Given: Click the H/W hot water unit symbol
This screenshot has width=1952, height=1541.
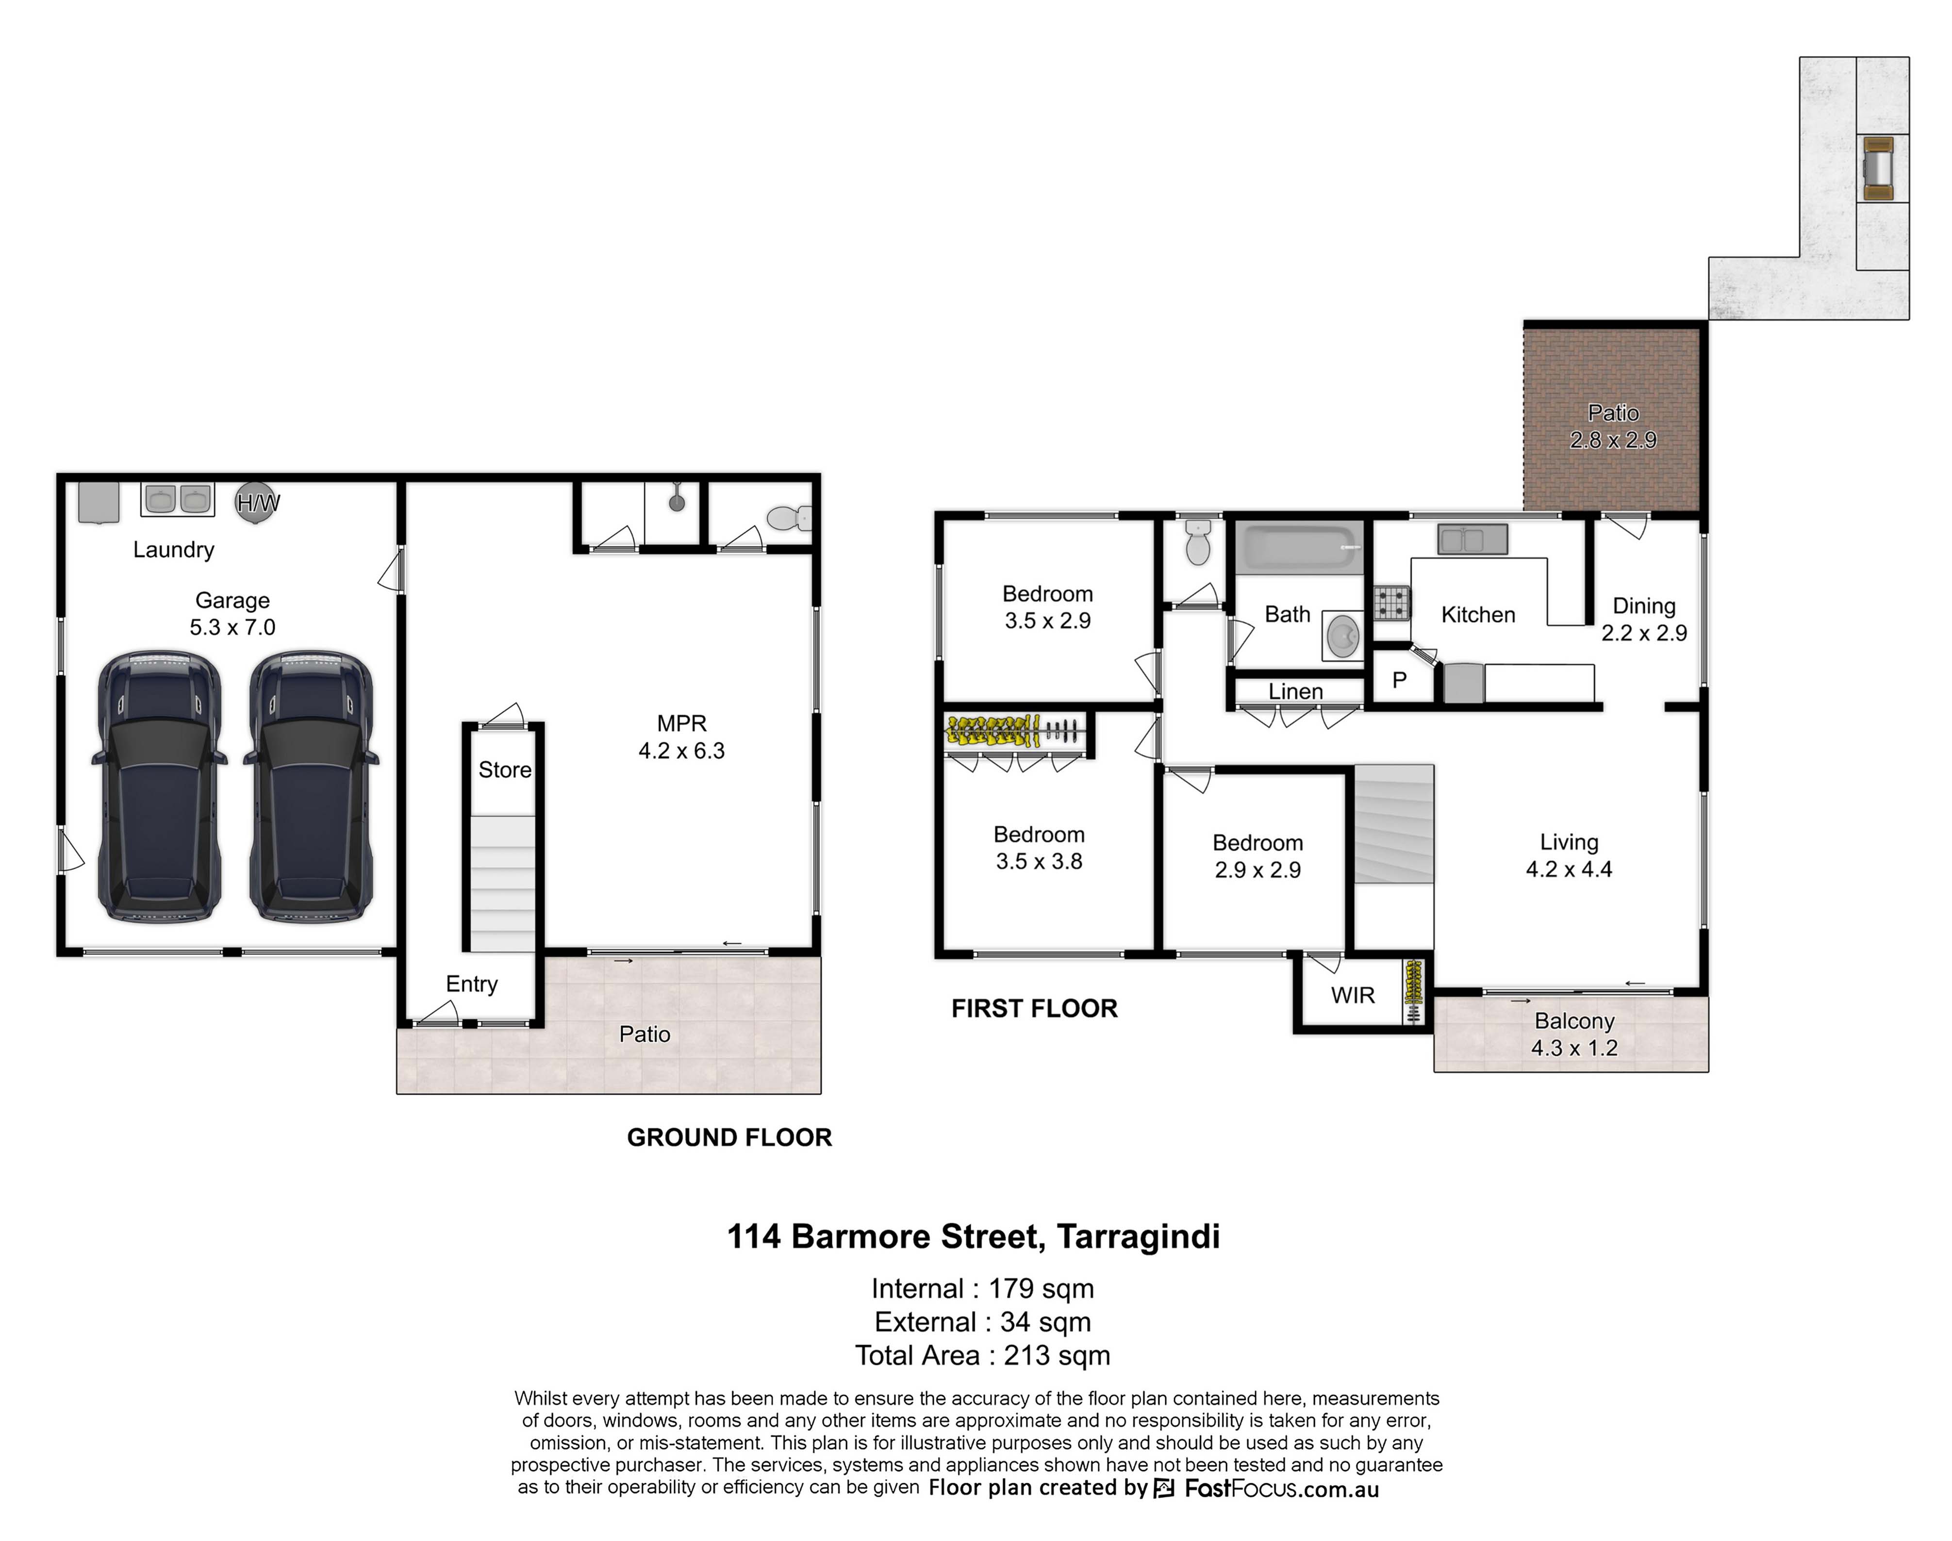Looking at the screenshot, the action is tap(257, 503).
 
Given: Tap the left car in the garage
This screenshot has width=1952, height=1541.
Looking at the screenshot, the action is tap(158, 786).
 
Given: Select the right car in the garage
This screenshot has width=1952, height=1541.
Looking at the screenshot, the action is tap(312, 786).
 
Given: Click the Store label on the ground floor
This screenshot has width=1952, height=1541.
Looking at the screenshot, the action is tap(504, 770).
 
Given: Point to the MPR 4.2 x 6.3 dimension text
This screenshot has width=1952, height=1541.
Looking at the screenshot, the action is tap(681, 751).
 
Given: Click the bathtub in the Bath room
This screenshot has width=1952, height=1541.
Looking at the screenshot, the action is tap(1299, 547).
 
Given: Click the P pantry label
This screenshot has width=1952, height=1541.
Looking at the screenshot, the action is tap(1400, 680).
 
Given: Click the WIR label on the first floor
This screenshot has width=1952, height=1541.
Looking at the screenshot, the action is tap(1353, 995).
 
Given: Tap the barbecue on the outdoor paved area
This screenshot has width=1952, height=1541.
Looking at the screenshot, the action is tap(1879, 169).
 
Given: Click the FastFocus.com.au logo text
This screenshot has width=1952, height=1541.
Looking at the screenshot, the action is tap(1281, 1489).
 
